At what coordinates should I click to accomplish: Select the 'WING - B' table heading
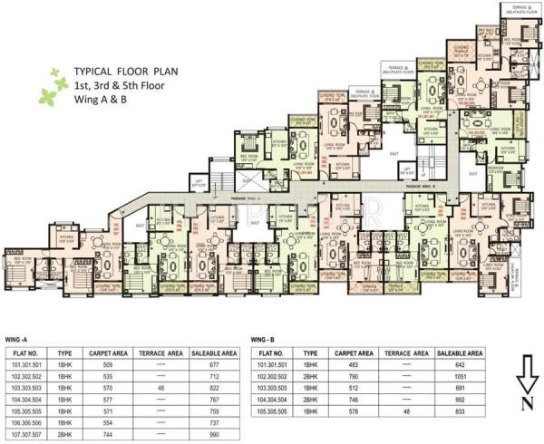coord(261,341)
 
